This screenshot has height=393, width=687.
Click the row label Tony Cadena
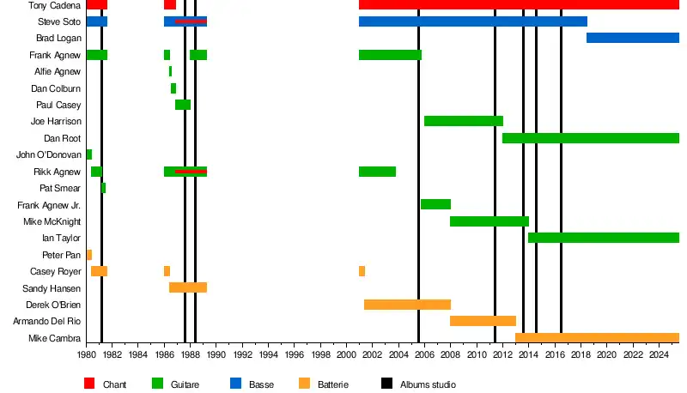[x=49, y=5]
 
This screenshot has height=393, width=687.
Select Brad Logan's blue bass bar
[x=632, y=38]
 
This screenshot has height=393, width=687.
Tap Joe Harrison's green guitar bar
[x=463, y=121]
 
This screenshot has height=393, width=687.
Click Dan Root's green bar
[x=590, y=138]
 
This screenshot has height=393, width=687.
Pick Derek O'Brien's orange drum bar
[x=407, y=305]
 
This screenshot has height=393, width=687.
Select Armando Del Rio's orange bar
[x=483, y=321]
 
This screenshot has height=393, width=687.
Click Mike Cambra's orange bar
[x=597, y=338]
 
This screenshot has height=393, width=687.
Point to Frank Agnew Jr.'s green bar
[x=435, y=204]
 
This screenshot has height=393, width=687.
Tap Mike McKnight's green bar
[x=489, y=221]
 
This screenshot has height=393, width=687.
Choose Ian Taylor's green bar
[x=603, y=238]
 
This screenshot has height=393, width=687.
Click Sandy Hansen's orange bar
[x=187, y=287]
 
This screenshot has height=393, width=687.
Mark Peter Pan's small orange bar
[x=88, y=255]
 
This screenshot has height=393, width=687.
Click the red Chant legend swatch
[x=89, y=384]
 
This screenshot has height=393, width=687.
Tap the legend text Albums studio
[x=428, y=385]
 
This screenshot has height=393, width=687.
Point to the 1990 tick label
[x=216, y=354]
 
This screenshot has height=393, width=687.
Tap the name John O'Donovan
[x=49, y=154]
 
